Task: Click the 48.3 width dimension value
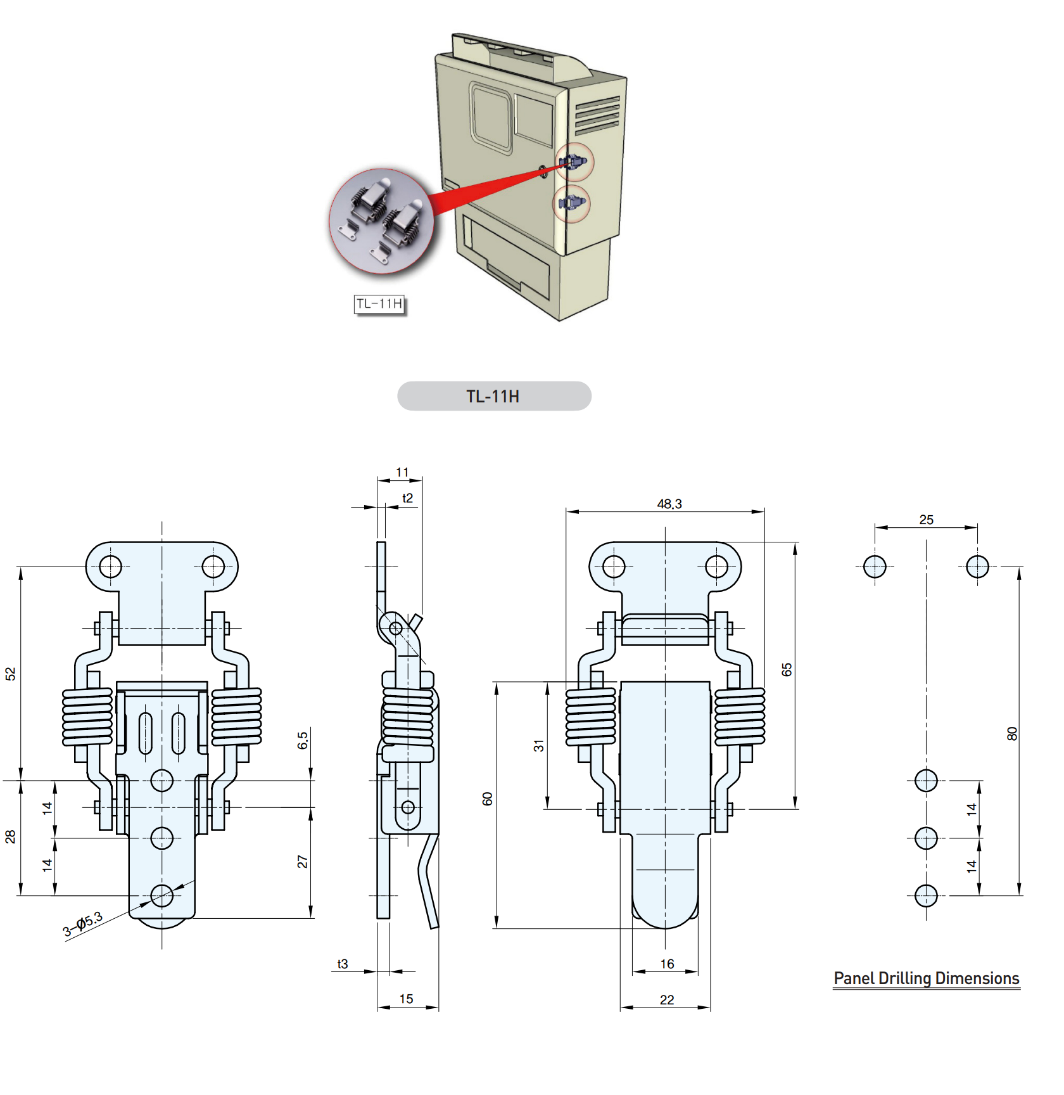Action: coord(669,504)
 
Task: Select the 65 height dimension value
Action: coord(787,670)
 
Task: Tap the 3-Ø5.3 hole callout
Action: coord(82,924)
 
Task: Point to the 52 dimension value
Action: coord(10,674)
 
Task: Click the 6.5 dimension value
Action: coord(303,740)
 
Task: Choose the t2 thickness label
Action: coord(407,498)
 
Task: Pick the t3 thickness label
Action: coord(343,964)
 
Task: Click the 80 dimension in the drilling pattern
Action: coord(1012,734)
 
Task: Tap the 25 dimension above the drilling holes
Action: coord(927,520)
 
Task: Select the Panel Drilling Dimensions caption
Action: coord(927,978)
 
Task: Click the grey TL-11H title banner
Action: coord(494,396)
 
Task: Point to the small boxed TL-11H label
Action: coord(379,304)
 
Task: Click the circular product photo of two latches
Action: coord(382,221)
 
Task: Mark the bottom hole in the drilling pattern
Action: coord(926,895)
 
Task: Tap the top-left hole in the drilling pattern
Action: coord(875,567)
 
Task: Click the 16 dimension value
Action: coord(668,964)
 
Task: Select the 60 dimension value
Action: coord(487,798)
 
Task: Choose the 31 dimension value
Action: coord(538,746)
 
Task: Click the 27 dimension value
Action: coord(303,862)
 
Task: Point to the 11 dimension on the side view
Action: coord(402,472)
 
